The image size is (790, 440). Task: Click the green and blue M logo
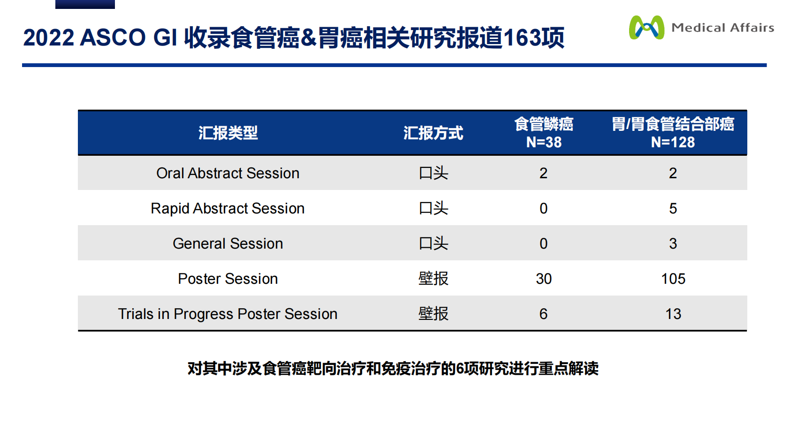pos(646,28)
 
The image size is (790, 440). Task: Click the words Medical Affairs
pos(722,28)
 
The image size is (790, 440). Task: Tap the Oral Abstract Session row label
pos(228,173)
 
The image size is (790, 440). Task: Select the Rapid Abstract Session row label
pos(228,208)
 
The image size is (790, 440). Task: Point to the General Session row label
pos(228,243)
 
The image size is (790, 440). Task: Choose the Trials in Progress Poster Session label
pos(228,314)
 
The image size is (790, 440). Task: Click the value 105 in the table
pos(673,279)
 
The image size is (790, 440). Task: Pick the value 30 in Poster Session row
pos(544,279)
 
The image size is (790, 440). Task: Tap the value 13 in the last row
pos(673,314)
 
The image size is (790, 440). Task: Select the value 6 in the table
pos(544,314)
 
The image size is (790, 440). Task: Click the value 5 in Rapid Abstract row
pos(673,208)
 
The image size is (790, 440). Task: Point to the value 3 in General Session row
pos(673,243)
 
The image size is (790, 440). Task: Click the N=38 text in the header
pos(544,142)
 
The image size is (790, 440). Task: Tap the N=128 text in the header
pos(673,142)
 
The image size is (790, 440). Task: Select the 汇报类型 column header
pos(228,133)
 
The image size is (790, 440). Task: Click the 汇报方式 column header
pos(433,133)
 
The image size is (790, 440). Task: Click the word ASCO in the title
pos(113,38)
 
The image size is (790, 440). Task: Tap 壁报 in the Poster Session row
pos(433,279)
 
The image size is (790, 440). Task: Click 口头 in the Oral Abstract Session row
pos(433,173)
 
